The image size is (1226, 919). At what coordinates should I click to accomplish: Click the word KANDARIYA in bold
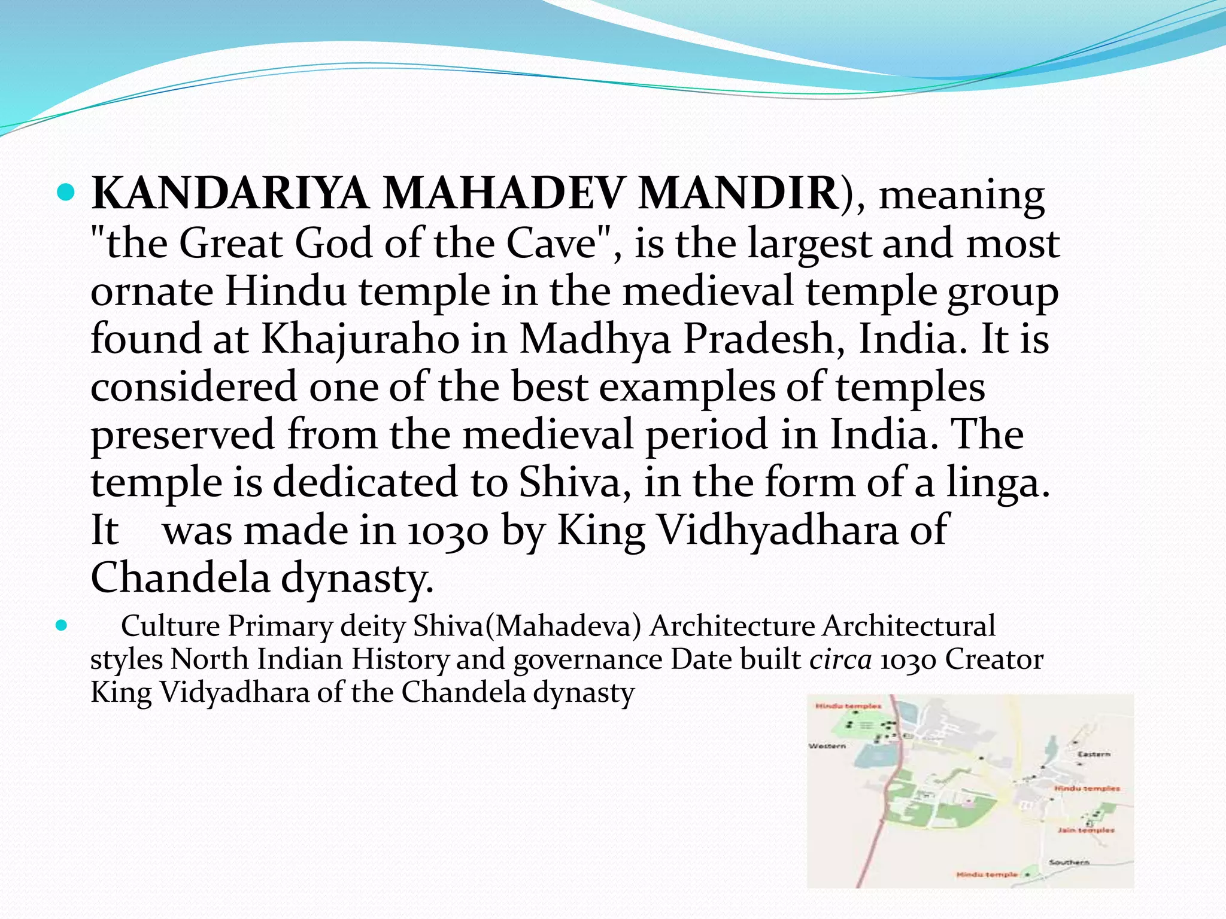230,194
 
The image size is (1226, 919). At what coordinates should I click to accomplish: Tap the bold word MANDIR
738,194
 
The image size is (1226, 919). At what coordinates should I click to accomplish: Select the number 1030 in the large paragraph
447,531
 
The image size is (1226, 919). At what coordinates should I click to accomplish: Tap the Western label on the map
827,745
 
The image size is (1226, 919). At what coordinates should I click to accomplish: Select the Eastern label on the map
1093,754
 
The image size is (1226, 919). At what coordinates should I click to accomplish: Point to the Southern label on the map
1069,862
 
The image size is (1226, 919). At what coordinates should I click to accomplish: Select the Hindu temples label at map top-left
848,706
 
